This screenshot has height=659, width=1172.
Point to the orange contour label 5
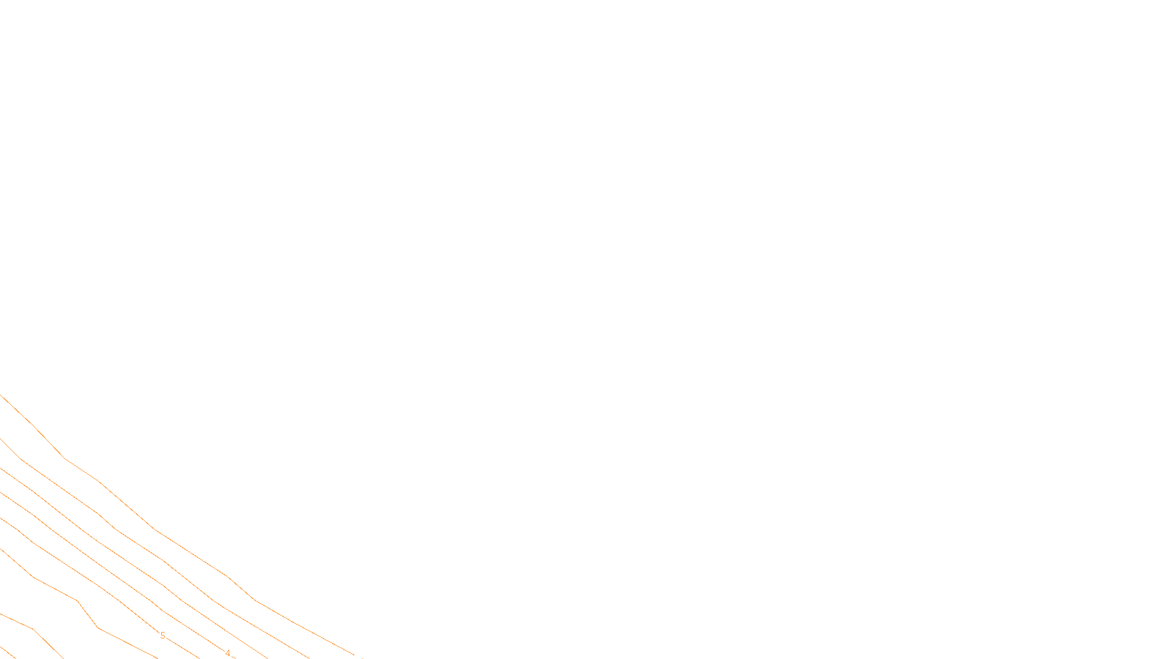[x=163, y=636]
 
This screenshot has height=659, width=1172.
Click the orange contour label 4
[x=228, y=653]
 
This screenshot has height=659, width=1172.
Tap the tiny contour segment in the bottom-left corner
[x=6, y=652]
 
